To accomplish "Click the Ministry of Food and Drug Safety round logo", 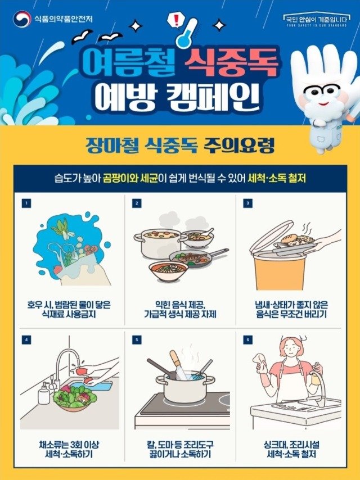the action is (x=22, y=19).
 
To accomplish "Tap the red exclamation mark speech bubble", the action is (x=175, y=20).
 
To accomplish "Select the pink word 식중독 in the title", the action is (x=231, y=64).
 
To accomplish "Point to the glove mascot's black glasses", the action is (x=320, y=91).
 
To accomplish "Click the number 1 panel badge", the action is (x=26, y=203).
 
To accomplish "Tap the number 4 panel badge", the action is (x=26, y=339).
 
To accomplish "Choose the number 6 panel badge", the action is (x=248, y=339).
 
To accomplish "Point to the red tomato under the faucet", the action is (x=81, y=371).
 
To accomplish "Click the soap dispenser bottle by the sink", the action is (x=43, y=393).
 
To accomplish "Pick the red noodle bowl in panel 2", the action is (x=168, y=270).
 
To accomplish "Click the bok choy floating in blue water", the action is (x=63, y=228).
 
